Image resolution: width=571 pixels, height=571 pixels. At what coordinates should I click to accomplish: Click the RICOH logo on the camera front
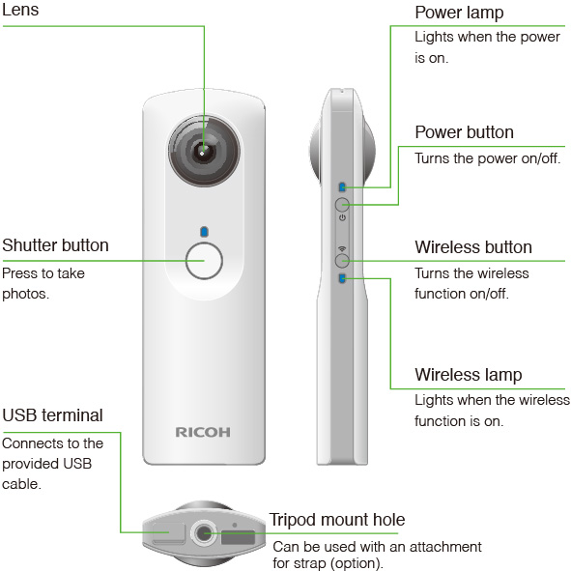[203, 432]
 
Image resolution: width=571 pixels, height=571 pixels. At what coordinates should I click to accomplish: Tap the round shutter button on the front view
[204, 261]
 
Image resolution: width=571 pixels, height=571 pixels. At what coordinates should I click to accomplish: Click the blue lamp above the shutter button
[204, 232]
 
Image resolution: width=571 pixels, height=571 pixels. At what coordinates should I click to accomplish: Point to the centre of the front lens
[203, 152]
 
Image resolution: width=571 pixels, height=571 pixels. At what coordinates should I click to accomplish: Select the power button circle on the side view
[342, 205]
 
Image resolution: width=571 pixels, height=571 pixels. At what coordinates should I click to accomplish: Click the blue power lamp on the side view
[342, 187]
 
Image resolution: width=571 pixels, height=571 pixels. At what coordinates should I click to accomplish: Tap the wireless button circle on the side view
[342, 261]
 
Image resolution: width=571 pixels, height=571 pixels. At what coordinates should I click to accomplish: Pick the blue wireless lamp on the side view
[342, 278]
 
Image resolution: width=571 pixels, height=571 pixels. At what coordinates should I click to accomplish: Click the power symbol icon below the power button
[342, 217]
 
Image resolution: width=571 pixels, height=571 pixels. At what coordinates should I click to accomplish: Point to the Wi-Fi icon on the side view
[342, 249]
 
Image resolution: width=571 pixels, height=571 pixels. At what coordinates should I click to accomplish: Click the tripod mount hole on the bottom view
[203, 533]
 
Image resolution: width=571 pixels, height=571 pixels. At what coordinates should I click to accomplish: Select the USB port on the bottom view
[169, 533]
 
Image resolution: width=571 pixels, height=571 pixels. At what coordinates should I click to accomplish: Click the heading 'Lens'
[20, 10]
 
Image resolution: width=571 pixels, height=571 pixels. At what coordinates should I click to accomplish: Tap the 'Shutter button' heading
[55, 245]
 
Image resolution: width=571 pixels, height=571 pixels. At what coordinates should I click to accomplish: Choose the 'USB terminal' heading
[52, 415]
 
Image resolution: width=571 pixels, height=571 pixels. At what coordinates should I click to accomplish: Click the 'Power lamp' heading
[459, 14]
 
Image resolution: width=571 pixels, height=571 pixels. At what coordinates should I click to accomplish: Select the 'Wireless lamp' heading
[469, 375]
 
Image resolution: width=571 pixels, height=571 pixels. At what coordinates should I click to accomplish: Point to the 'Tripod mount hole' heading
[337, 520]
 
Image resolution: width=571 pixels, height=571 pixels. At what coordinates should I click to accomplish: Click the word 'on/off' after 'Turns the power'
[541, 158]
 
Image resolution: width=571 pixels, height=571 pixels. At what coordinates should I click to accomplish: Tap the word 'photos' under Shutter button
[25, 294]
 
